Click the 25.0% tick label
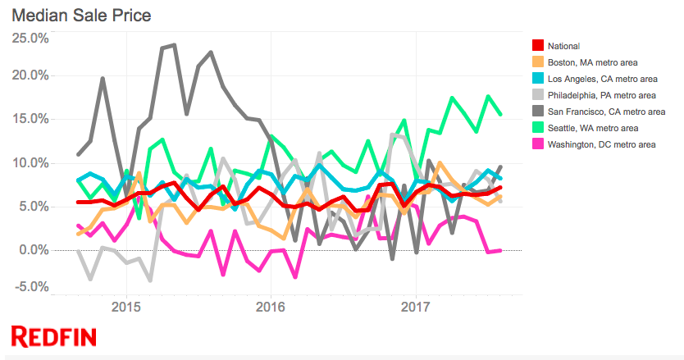[x=30, y=38]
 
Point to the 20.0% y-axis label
[x=30, y=75]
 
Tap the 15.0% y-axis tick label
[x=30, y=119]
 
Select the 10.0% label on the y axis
[x=30, y=162]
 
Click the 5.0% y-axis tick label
[x=32, y=206]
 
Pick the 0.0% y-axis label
[x=32, y=249]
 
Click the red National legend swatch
[x=538, y=46]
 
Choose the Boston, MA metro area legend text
[x=595, y=62]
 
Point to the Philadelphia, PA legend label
[x=602, y=95]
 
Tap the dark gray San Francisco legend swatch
[x=538, y=112]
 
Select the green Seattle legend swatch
[x=538, y=128]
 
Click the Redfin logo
[x=53, y=335]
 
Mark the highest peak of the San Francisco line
[x=174, y=45]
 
